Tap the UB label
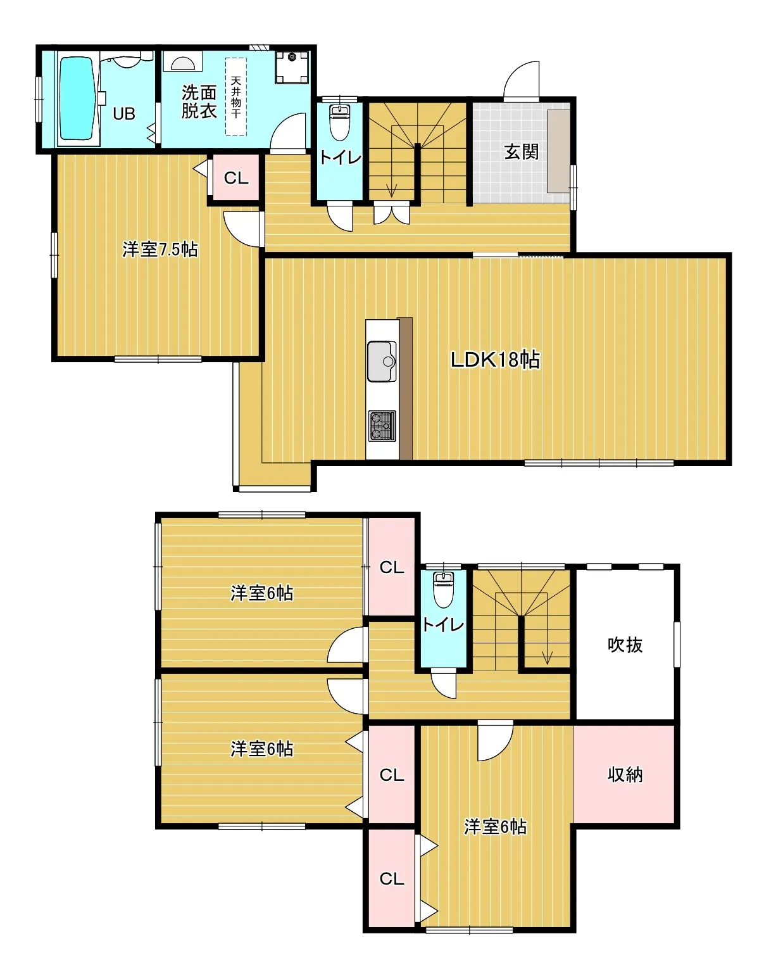pos(124,114)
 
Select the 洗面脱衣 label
pos(199,102)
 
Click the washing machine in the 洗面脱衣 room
pos(292,66)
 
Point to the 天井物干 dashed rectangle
pos(236,96)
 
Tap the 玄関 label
pos(522,152)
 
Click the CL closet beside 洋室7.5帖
pos(236,178)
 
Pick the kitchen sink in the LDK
pos(382,362)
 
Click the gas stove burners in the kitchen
pos(382,426)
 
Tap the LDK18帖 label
pos(495,360)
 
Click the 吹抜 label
pos(625,645)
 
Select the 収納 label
pos(625,774)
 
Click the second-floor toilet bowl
pos(444,590)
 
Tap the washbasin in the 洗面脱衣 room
pos(182,61)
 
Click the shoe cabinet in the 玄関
pos(559,151)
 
